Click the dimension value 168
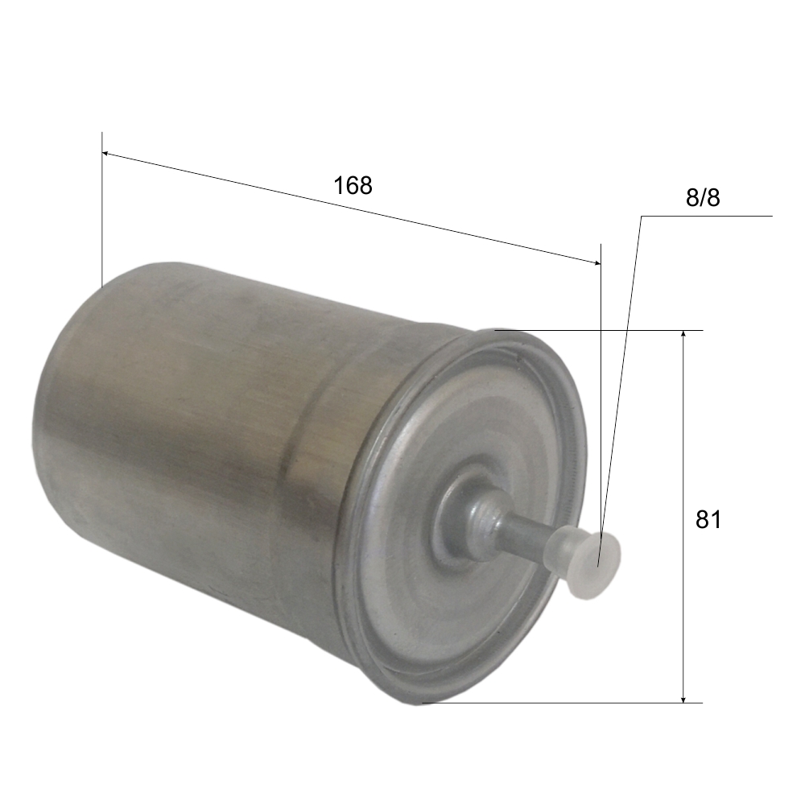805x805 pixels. (x=353, y=185)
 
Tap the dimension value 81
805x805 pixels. (x=708, y=520)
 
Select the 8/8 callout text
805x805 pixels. (x=703, y=198)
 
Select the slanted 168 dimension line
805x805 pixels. (x=354, y=208)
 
